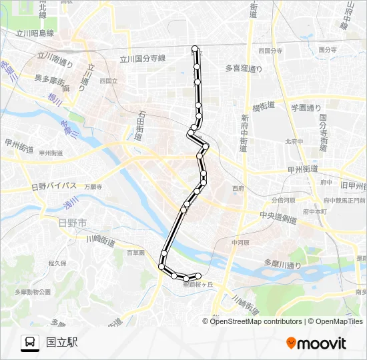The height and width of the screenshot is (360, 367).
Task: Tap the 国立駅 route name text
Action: pos(62,343)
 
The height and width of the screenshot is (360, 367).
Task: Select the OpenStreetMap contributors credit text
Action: pos(254,321)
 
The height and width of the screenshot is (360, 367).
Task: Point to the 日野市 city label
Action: pos(72,223)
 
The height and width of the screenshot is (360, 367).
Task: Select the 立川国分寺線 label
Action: pos(142,59)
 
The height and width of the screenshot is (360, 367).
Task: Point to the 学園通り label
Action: pos(305,107)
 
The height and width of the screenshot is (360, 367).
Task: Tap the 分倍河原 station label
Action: pos(284,199)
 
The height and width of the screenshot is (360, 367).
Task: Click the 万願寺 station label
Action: pos(93,187)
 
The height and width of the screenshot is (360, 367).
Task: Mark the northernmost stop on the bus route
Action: pos(196,49)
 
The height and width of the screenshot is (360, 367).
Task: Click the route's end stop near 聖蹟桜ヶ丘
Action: pos(198,275)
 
